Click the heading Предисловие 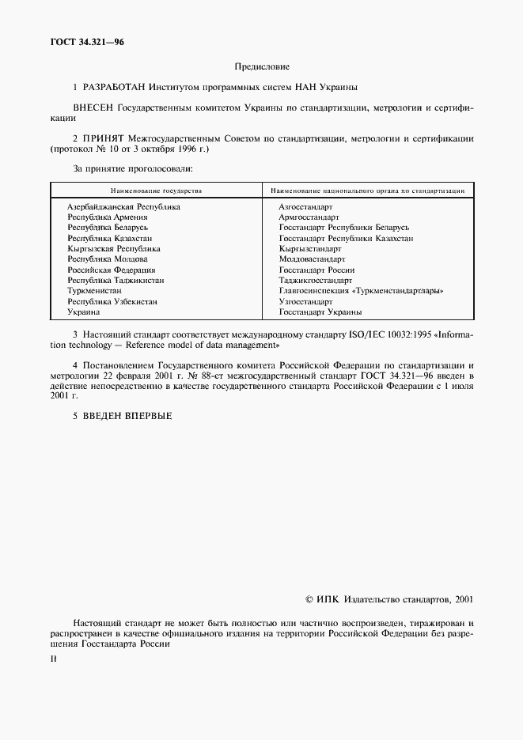pos(262,68)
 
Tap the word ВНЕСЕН pos(94,107)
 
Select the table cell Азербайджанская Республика pos(123,206)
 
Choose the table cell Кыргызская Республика pos(114,248)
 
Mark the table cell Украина pos(84,312)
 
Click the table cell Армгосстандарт pos(309,217)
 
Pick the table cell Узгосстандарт pos(306,301)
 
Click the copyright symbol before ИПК pos(310,600)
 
